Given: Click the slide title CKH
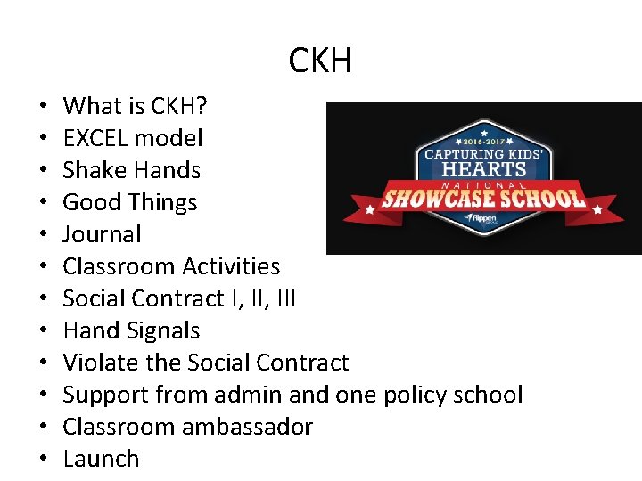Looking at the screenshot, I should pyautogui.click(x=321, y=61).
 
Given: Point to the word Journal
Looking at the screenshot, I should pyautogui.click(x=102, y=234).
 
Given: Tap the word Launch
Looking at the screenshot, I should pyautogui.click(x=101, y=459).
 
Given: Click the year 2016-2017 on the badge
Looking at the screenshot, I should pyautogui.click(x=486, y=141).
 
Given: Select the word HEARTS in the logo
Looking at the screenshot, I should pyautogui.click(x=485, y=169).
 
